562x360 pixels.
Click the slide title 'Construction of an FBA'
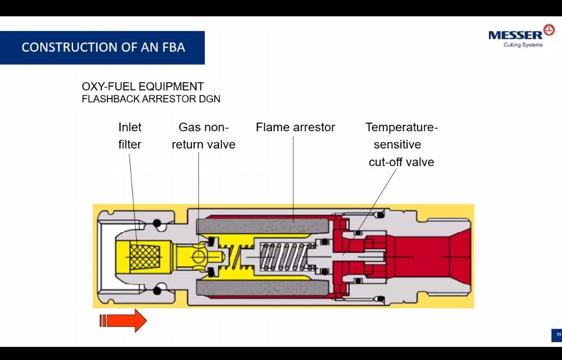tap(103, 47)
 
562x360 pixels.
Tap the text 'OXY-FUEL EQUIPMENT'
tap(142, 87)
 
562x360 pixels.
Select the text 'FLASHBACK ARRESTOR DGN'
tap(150, 99)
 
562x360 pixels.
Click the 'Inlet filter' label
tap(130, 136)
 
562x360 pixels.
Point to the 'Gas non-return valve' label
tap(203, 136)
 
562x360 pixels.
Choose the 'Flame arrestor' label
tap(295, 127)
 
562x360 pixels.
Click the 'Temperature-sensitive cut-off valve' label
tap(401, 144)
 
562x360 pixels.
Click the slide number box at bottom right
tap(557, 334)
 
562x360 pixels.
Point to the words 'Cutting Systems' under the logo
tap(523, 45)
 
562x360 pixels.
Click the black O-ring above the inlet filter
tap(158, 223)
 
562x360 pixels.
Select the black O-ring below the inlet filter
tap(158, 290)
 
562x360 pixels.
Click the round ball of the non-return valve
tap(198, 256)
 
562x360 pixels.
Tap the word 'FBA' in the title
tap(173, 47)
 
